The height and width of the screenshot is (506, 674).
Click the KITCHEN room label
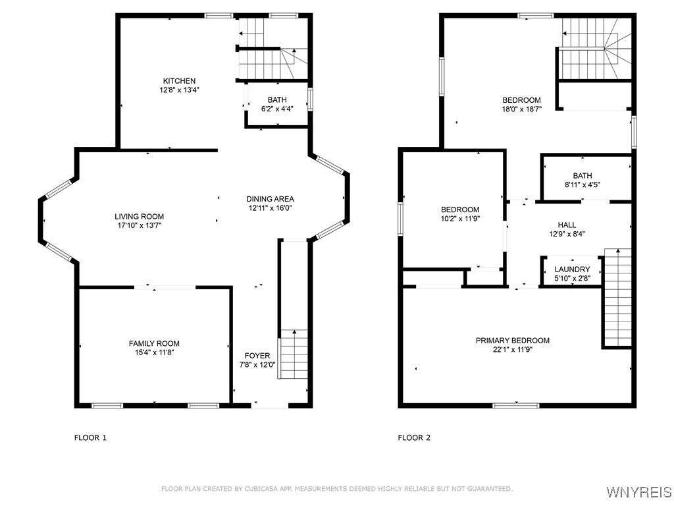pos(180,81)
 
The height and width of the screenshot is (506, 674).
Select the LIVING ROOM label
pos(139,216)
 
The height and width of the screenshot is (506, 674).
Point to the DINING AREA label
pos(270,199)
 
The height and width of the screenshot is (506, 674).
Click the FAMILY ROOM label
pos(154,343)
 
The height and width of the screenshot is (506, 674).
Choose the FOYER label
pos(257,356)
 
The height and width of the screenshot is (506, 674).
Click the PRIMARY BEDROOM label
pos(512,341)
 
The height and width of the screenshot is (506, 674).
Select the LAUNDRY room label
pos(572,269)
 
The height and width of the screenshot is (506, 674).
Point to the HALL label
pos(567,225)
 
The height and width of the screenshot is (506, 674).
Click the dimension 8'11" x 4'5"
pos(582,185)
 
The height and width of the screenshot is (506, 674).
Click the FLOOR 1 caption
pos(90,437)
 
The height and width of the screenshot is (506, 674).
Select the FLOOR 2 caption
pos(414,437)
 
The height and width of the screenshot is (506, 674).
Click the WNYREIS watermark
pos(638,492)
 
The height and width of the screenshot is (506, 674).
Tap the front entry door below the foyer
pos(270,406)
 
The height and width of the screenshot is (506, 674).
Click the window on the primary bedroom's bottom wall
pos(511,405)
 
